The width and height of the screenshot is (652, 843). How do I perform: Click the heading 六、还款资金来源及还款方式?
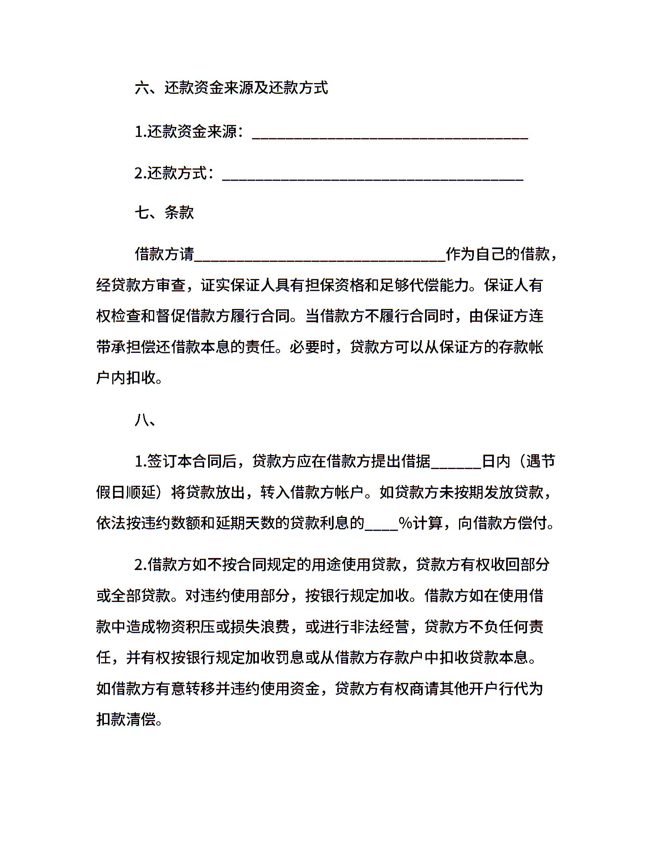[x=231, y=88]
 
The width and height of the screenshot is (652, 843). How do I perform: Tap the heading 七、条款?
[x=164, y=212]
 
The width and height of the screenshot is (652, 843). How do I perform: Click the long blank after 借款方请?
[x=320, y=255]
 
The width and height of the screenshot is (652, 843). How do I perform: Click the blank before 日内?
[x=456, y=463]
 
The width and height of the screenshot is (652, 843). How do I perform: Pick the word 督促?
[x=171, y=317]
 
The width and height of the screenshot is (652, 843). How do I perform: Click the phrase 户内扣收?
[x=126, y=377]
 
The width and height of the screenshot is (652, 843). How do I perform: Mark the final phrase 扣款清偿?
[x=126, y=720]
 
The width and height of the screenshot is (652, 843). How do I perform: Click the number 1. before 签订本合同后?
[x=140, y=462]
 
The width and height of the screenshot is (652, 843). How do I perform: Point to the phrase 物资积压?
[x=185, y=627]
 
